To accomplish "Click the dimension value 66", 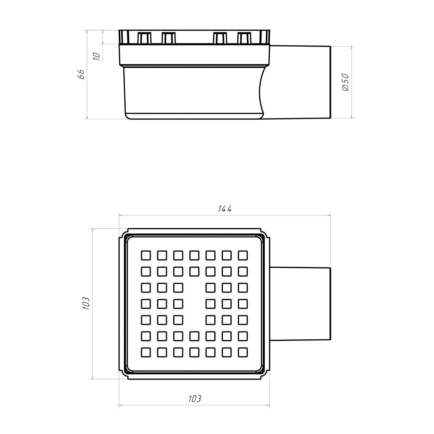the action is pos(80,75).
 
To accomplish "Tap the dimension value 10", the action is pos(97,56).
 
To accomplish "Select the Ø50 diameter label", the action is pos(345,82).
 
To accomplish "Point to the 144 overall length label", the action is pos(224,209).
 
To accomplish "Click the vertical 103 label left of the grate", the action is pos(86,303).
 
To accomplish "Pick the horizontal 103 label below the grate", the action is pos(195,399).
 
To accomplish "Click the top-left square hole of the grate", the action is pos(146,255).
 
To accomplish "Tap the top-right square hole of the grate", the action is pos(243,255).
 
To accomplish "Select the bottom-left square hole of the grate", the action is pos(146,352).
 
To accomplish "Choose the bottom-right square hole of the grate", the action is pos(243,352).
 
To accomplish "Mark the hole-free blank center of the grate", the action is pos(194,304).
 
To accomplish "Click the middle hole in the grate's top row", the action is pos(194,255).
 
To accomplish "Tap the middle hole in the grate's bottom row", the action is pos(194,352).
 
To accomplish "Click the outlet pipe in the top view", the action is pos(300,304).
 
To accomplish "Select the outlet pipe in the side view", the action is pos(300,82).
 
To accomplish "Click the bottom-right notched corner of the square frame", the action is pos(265,374).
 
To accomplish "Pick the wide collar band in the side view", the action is pos(194,55).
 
